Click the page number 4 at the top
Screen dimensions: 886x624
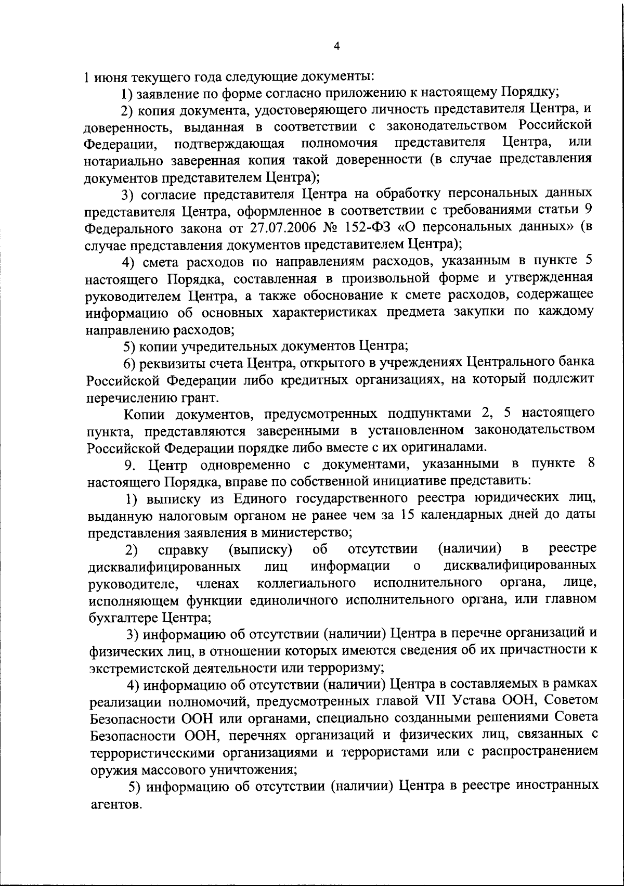click(x=336, y=46)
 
